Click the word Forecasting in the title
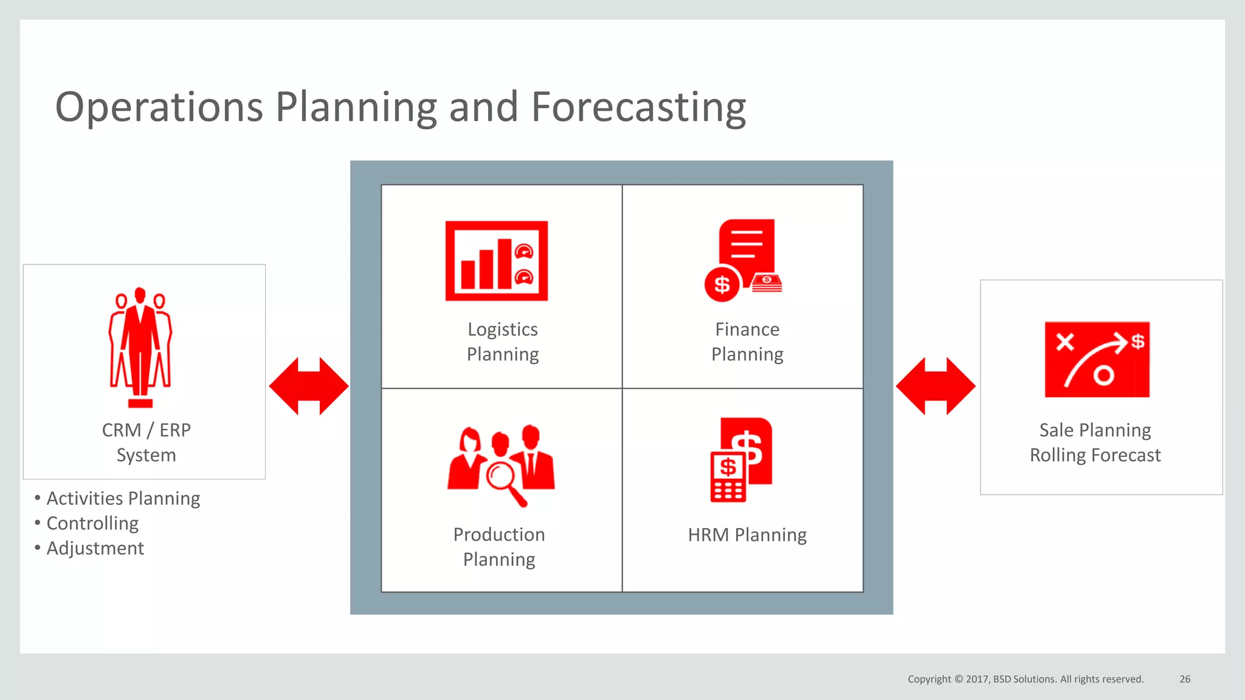point(638,108)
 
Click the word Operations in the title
point(159,108)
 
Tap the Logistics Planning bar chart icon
point(496,261)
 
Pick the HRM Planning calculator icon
point(728,478)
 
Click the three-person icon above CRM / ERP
point(140,346)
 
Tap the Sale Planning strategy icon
point(1097,359)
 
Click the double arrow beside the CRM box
point(309,386)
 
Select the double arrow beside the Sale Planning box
point(936,386)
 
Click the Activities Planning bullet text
point(123,498)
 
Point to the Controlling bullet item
point(92,523)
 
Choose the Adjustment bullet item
point(95,548)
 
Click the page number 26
point(1185,679)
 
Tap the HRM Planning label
point(747,535)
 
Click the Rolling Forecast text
point(1095,455)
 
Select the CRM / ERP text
point(146,430)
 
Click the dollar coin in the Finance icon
point(722,284)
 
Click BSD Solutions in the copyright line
point(1024,679)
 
